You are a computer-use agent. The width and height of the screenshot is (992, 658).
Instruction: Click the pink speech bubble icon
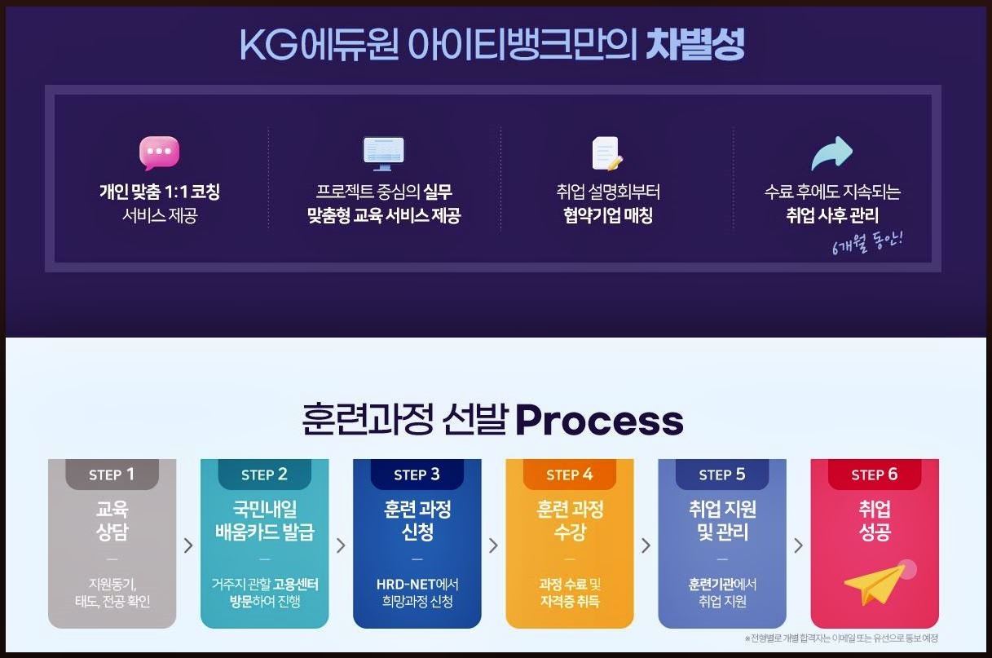[160, 152]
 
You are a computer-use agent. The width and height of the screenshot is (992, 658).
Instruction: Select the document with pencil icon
[607, 153]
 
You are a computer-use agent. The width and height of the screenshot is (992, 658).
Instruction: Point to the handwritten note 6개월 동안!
[867, 243]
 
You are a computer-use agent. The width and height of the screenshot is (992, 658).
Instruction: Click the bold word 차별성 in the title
[695, 44]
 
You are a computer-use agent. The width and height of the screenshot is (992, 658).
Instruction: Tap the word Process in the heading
[599, 420]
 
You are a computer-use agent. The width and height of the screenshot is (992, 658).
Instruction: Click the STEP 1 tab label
[112, 475]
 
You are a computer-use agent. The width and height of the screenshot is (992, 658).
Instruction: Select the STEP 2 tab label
[264, 475]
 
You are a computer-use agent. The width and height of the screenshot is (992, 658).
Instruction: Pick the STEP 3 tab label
[417, 475]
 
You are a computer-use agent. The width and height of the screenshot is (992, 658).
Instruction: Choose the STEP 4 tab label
[570, 475]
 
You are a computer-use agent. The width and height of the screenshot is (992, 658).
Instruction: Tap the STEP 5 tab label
[722, 475]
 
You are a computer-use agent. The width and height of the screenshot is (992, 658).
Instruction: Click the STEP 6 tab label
[874, 475]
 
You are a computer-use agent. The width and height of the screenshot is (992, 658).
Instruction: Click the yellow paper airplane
[875, 585]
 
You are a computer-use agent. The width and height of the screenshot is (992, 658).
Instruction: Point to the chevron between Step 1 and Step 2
[188, 545]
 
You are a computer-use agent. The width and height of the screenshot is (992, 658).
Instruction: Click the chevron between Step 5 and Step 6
[799, 545]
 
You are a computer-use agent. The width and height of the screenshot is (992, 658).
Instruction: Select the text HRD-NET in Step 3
[406, 585]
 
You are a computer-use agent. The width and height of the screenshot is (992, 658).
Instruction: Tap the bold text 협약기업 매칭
[607, 216]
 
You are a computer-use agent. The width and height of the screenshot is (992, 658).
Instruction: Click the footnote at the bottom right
[841, 638]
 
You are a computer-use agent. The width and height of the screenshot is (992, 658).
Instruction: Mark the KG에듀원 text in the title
[320, 45]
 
